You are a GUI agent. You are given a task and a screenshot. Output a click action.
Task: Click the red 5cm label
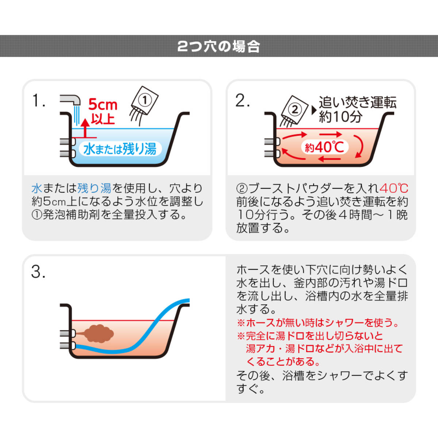pos(103,105)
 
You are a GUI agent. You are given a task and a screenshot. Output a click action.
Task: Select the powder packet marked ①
pos(145,101)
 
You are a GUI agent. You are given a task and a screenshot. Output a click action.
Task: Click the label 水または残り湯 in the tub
pos(120,149)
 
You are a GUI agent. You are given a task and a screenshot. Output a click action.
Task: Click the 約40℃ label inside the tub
pos(324,147)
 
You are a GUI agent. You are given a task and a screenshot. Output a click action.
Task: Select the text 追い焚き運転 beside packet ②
pos(357,103)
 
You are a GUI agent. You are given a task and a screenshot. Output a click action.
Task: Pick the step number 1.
pos(38,101)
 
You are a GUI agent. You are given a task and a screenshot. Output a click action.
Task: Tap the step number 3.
pos(38,272)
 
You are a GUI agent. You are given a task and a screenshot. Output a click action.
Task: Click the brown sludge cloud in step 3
pos(99,333)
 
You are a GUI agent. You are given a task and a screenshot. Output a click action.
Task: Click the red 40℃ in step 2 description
pos(394,188)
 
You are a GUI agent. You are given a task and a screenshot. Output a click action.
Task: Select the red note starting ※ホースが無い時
pos(318,323)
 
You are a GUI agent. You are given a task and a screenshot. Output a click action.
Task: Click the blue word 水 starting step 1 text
pos(37,188)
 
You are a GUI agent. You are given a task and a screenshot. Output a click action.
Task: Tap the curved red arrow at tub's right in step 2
pos(360,147)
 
